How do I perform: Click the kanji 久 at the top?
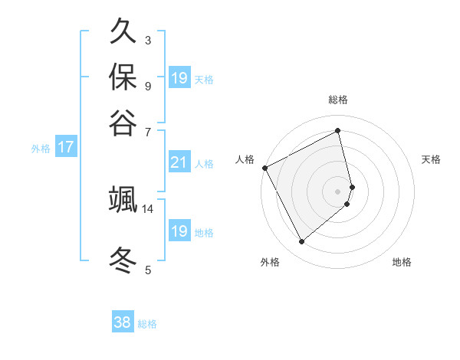(123, 32)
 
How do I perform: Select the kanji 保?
(123, 77)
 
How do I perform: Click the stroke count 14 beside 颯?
(148, 208)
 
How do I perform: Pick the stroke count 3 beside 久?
(148, 40)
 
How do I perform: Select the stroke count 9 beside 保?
(148, 85)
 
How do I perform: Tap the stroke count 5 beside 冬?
(148, 270)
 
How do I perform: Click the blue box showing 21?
(179, 162)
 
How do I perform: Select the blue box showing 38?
(122, 323)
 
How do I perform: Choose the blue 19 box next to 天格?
(179, 77)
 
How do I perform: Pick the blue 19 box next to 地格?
(179, 231)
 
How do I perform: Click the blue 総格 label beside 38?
(147, 324)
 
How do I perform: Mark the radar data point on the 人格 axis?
(264, 168)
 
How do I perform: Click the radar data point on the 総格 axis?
(338, 130)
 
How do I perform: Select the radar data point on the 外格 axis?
(301, 242)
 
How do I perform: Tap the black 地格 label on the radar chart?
(402, 262)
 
